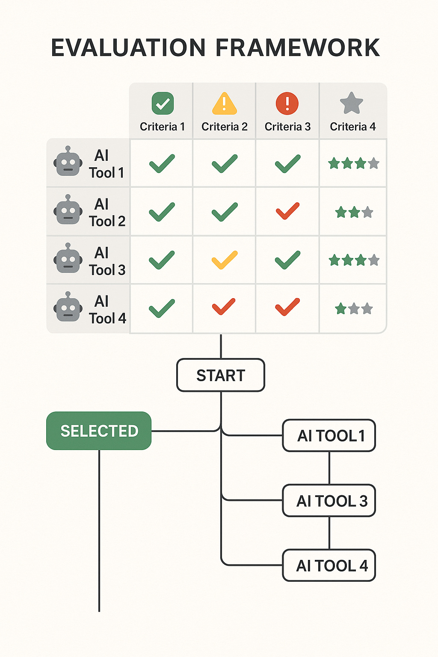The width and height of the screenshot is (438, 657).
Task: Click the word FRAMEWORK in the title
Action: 298,47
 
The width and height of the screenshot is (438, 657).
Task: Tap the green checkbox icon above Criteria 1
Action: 163,104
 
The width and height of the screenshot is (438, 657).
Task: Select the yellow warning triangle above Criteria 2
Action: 224,104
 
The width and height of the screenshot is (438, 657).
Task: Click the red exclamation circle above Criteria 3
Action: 287,104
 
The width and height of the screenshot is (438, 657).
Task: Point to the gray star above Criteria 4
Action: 352,103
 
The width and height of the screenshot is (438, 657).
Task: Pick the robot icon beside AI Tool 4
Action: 68,307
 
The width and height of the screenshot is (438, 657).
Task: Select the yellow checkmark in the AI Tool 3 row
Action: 225,260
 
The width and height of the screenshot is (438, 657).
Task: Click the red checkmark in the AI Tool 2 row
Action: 287,211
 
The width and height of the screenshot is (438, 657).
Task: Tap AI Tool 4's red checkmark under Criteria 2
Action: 224,307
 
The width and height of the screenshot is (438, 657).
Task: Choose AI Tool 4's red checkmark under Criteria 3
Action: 287,307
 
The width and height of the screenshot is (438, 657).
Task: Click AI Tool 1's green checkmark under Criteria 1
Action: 162,163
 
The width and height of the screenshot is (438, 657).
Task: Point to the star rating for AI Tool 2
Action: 354,212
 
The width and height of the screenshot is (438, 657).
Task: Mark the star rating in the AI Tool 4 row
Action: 354,308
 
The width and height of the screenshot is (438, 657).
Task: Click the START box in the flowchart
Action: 221,375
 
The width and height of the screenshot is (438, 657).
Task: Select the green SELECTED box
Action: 99,431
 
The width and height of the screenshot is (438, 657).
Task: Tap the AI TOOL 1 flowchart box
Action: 329,435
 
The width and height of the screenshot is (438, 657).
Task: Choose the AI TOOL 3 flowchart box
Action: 329,500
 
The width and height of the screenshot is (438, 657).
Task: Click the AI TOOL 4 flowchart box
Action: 329,565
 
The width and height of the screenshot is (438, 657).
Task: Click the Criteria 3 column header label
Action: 287,127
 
